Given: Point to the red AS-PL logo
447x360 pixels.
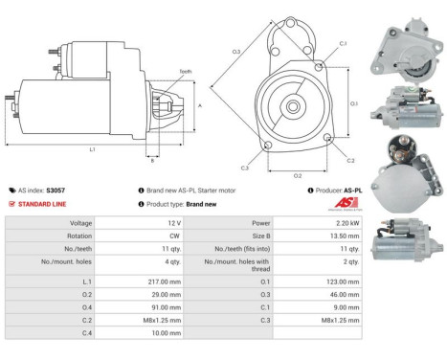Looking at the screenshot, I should click(x=342, y=203).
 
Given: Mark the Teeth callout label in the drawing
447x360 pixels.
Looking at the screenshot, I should click(x=159, y=70).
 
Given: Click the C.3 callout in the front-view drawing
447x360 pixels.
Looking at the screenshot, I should click(x=245, y=168).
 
